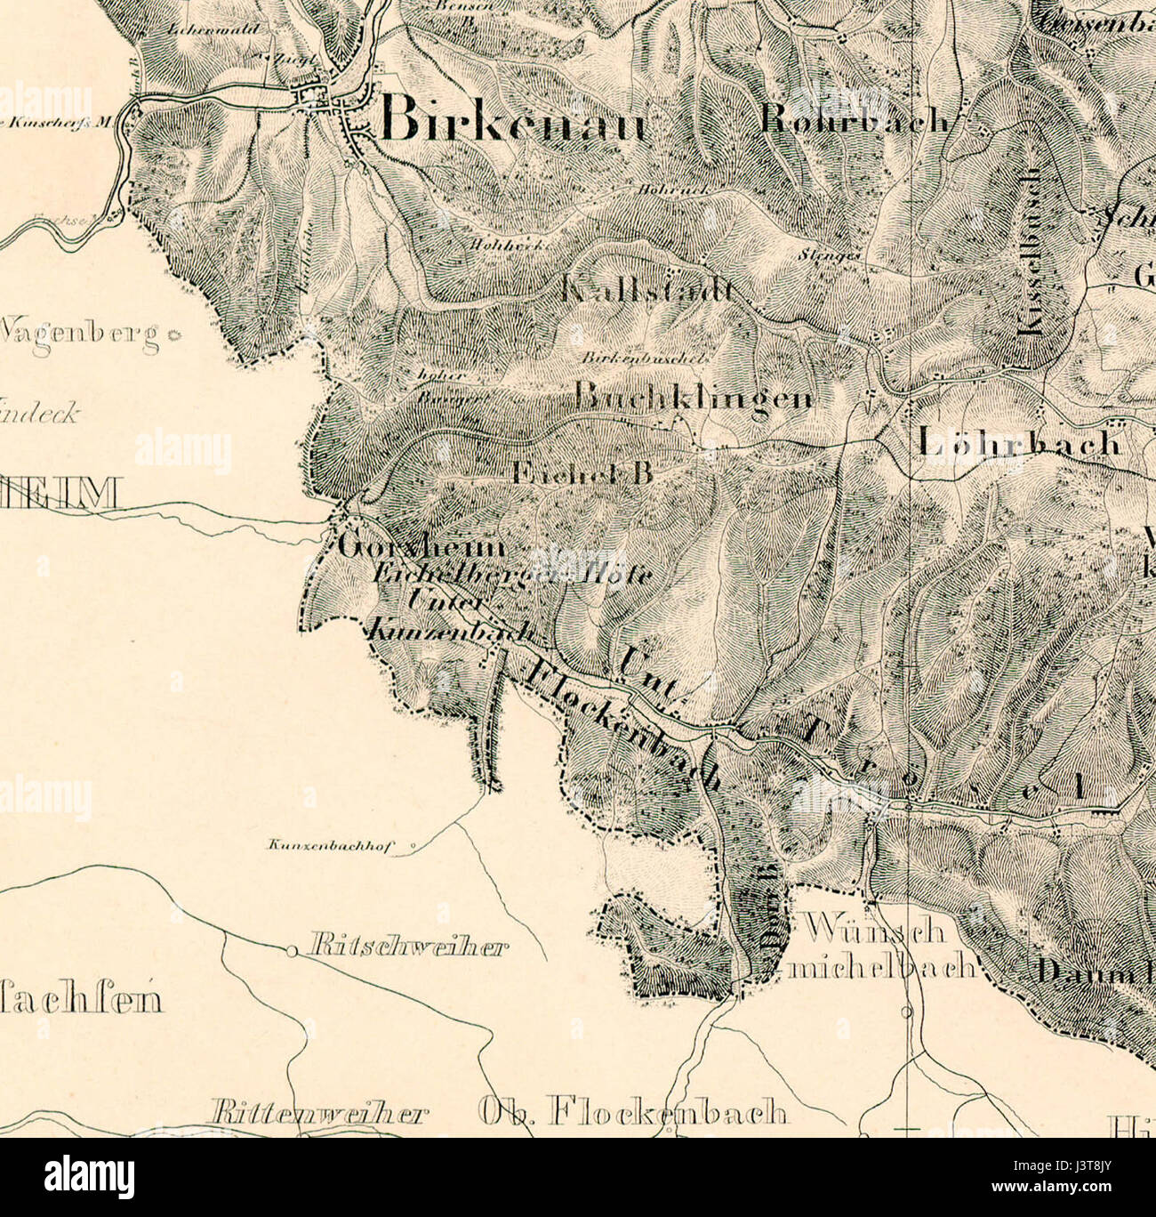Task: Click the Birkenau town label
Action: [x=513, y=120]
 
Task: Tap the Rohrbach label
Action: [x=855, y=121]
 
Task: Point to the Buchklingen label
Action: [x=694, y=397]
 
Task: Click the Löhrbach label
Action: [x=1018, y=441]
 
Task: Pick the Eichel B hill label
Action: [x=582, y=473]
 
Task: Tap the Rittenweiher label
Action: [x=318, y=1114]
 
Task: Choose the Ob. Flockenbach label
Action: [x=632, y=1112]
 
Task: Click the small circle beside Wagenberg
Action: [x=173, y=335]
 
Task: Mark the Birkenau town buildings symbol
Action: [x=333, y=102]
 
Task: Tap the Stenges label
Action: [x=841, y=254]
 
